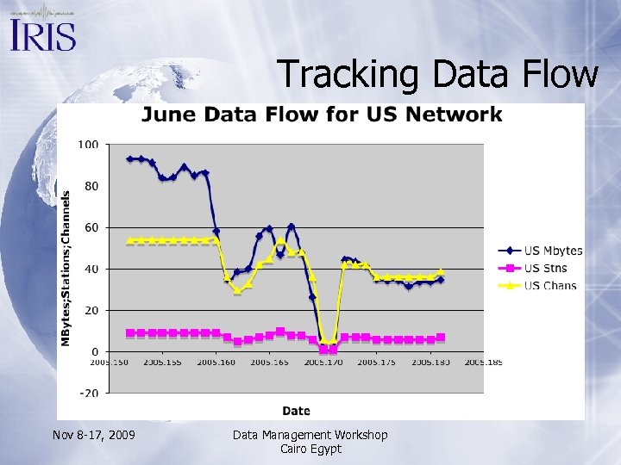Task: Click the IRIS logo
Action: [x=43, y=33]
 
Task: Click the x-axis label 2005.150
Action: [x=110, y=363]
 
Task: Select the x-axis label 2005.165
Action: [x=271, y=363]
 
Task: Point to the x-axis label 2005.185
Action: [x=484, y=363]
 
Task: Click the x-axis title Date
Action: [x=296, y=411]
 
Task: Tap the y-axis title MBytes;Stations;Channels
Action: [x=66, y=268]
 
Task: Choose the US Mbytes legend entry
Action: [x=553, y=251]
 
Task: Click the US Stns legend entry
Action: [x=546, y=268]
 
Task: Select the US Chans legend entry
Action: [x=550, y=285]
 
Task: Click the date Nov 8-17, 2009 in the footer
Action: [x=93, y=435]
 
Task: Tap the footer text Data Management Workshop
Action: [x=310, y=435]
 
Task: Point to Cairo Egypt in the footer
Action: [x=310, y=449]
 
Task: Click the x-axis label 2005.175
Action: [x=377, y=363]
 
